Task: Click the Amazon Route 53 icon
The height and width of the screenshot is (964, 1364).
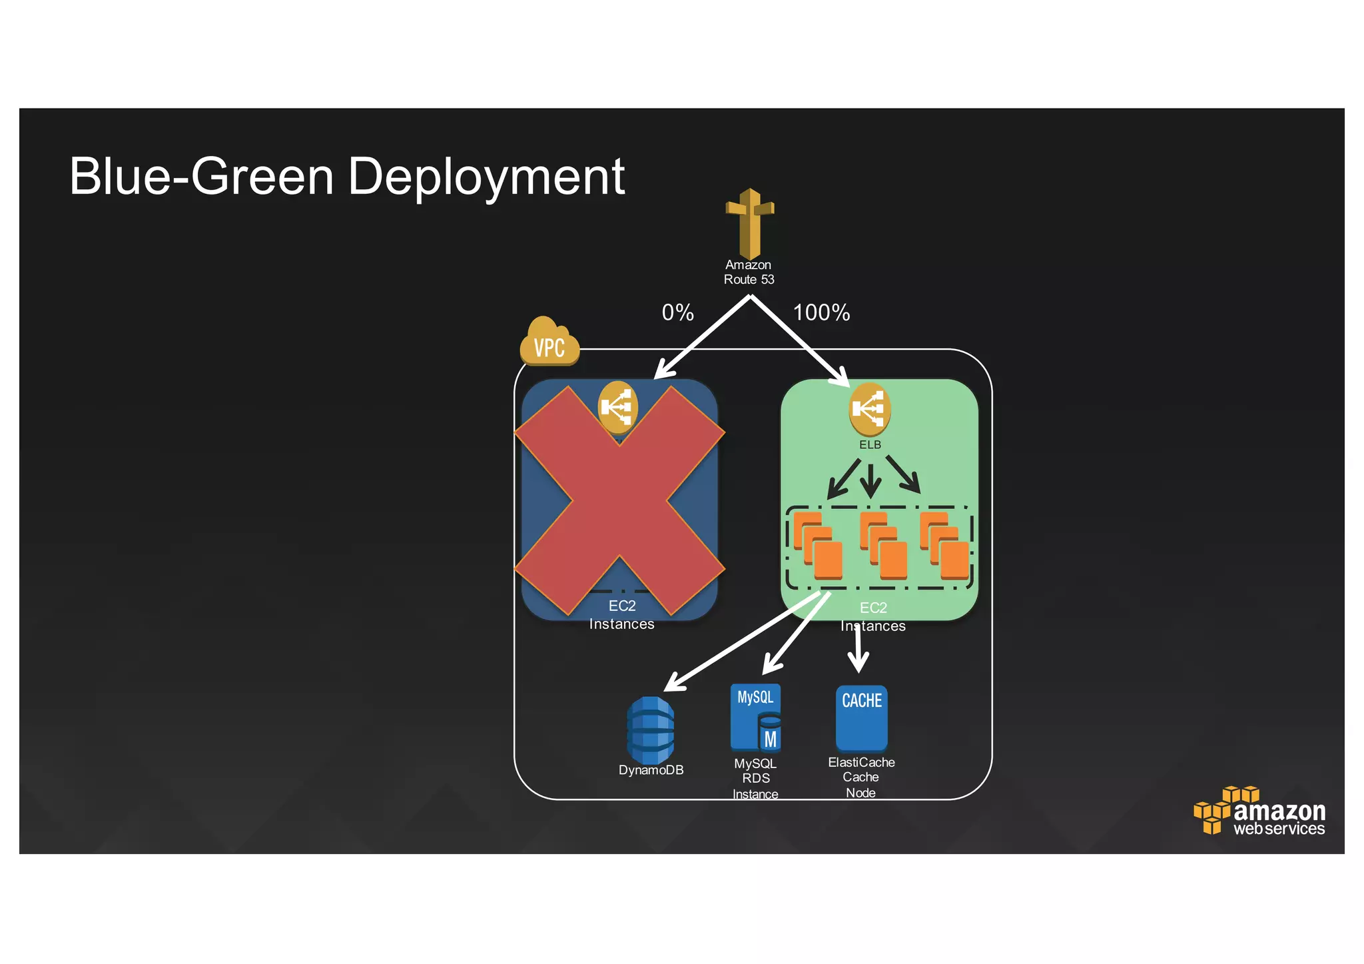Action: coord(750,223)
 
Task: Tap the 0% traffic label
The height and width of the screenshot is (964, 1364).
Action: coord(677,312)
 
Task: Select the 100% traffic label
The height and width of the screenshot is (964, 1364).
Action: coord(821,312)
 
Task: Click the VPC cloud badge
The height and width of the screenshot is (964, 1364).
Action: coord(549,343)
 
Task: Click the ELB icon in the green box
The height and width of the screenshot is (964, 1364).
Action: coord(869,408)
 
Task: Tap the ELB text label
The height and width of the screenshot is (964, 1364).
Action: coord(870,444)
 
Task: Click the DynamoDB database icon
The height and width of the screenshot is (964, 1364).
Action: coord(650,730)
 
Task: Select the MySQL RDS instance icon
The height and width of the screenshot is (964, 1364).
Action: coord(755,718)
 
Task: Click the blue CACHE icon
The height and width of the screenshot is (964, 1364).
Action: coord(861,718)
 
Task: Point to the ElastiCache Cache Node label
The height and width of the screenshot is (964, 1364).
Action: coord(861,777)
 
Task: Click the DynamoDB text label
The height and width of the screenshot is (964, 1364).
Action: coord(651,770)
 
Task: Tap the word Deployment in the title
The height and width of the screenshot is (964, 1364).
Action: coord(486,177)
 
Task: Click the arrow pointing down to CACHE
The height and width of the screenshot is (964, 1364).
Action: coord(858,650)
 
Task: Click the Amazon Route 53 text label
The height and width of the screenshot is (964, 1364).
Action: coord(749,272)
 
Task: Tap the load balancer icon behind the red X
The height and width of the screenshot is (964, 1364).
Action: coord(617,406)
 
